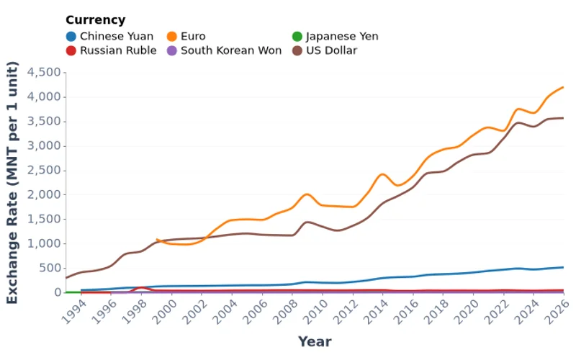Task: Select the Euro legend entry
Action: coord(192,36)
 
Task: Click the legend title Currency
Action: coord(95,20)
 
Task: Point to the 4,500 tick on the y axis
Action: coord(44,72)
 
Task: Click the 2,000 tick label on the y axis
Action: coord(44,194)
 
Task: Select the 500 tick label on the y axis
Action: coord(49,268)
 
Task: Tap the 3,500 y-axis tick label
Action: coord(44,121)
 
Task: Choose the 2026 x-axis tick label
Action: coord(554,311)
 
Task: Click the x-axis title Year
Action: coord(315,342)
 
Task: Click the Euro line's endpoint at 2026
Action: coord(563,87)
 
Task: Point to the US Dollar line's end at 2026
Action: coord(563,118)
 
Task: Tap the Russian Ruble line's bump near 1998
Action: coord(142,287)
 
